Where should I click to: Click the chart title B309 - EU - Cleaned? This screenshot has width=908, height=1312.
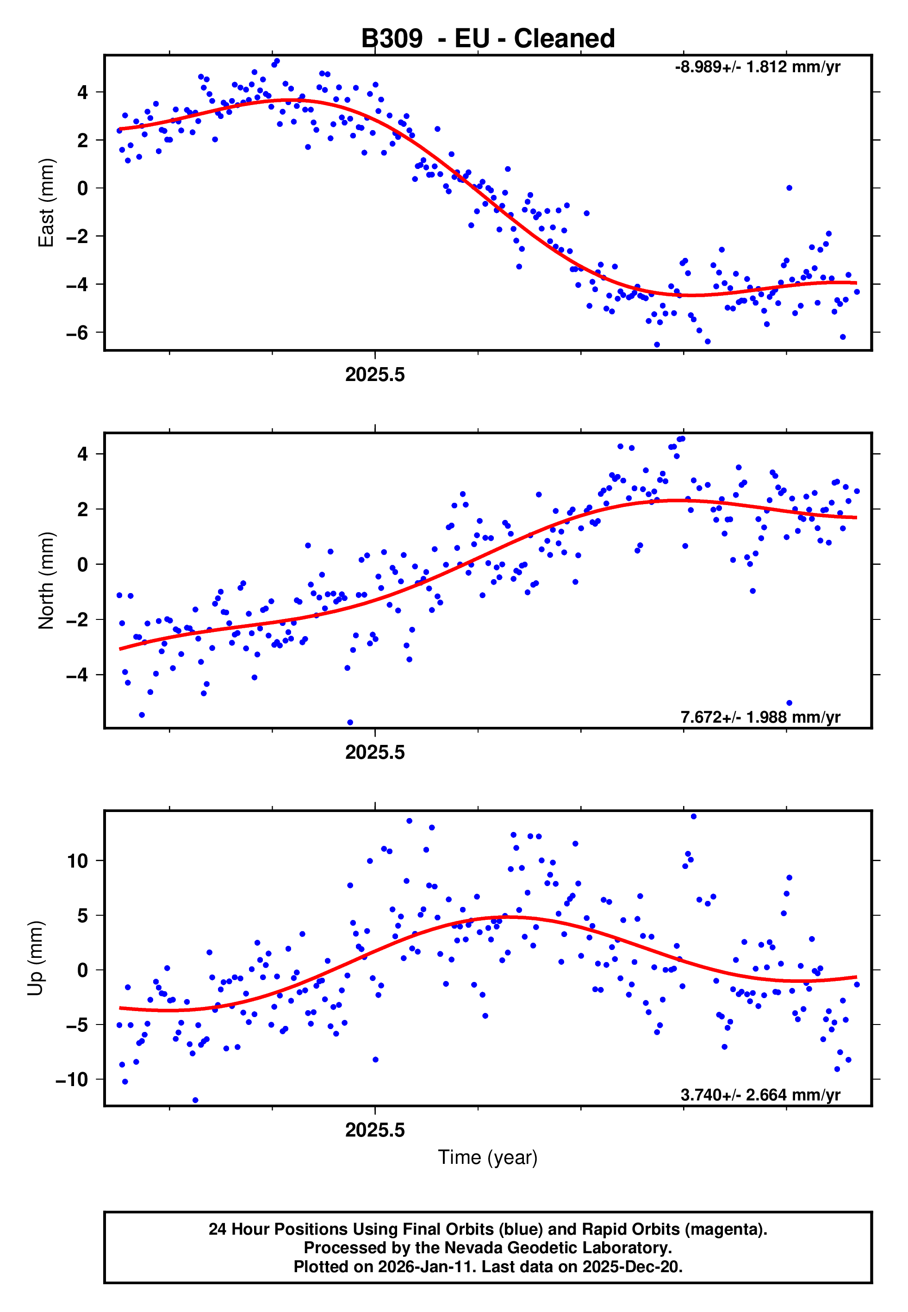pos(488,39)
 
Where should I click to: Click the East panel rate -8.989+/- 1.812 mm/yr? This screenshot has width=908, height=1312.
pos(757,67)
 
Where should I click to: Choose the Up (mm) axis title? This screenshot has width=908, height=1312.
pos(35,958)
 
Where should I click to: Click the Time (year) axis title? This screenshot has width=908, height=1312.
pos(488,1157)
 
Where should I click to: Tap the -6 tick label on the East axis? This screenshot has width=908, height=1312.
pos(76,333)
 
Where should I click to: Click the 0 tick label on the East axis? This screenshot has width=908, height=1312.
pos(82,188)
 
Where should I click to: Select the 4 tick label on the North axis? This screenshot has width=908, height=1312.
pos(82,454)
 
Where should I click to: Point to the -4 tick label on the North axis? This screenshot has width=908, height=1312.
pos(76,675)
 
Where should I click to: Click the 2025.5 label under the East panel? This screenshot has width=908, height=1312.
pos(375,375)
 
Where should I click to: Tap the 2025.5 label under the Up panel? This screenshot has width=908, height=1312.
pos(375,1130)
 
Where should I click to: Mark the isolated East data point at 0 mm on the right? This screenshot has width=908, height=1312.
pos(789,188)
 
